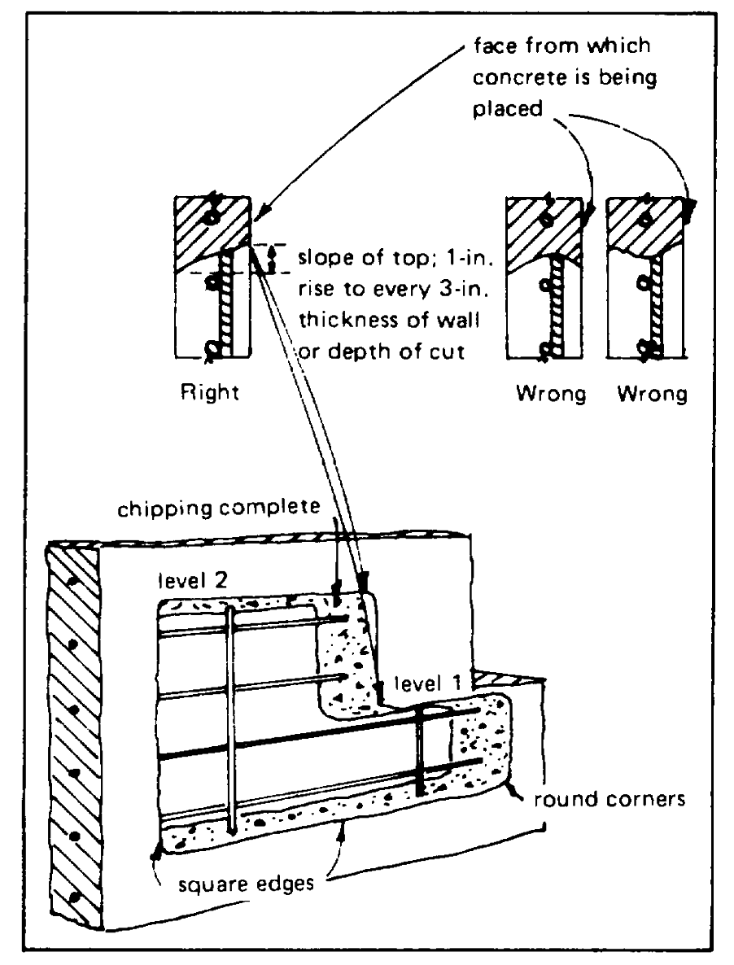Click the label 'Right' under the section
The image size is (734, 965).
click(x=210, y=396)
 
